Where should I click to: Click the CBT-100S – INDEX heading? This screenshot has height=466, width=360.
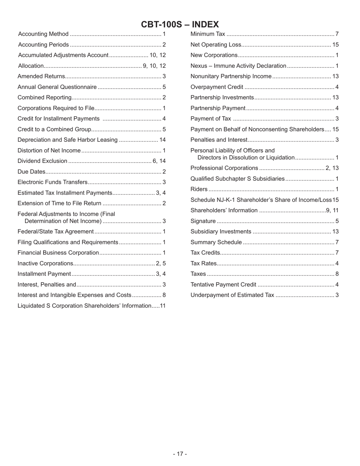click(x=180, y=25)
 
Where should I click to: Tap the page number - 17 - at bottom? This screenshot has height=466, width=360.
click(x=180, y=454)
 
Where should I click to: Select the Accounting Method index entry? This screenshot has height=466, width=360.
click(x=44, y=34)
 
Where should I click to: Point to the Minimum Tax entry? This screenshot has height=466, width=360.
click(x=208, y=34)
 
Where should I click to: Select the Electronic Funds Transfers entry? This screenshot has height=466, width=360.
click(x=53, y=182)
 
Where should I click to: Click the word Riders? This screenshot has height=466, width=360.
click(x=199, y=189)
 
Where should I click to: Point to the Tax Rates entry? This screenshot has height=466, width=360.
click(x=203, y=263)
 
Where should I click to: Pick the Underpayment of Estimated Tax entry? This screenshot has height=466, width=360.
click(x=232, y=295)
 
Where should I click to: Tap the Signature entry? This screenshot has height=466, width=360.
click(x=203, y=221)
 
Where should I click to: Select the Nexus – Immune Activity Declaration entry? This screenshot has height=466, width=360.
click(x=238, y=66)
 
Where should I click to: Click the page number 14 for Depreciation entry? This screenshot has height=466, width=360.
click(x=163, y=140)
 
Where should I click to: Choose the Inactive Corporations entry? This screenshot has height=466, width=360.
click(x=45, y=263)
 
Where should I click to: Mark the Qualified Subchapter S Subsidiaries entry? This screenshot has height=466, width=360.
click(x=237, y=178)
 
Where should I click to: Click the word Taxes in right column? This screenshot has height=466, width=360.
click(x=198, y=274)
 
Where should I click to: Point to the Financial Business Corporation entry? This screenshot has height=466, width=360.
click(x=58, y=253)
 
